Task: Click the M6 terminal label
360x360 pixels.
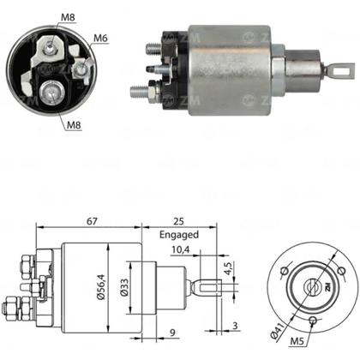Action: [x=100, y=39]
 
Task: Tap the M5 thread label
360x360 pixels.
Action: [x=297, y=341]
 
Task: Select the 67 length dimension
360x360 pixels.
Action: [x=93, y=221]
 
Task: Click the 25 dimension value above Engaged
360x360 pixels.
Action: [x=178, y=221]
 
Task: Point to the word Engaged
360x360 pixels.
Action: [x=179, y=235]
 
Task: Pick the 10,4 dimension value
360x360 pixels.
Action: [x=181, y=249]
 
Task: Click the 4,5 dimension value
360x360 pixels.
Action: [x=229, y=268]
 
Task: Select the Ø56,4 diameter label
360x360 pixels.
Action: [x=101, y=286]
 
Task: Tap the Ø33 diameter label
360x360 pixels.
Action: [x=124, y=288]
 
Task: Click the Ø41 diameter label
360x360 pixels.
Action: [x=277, y=331]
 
